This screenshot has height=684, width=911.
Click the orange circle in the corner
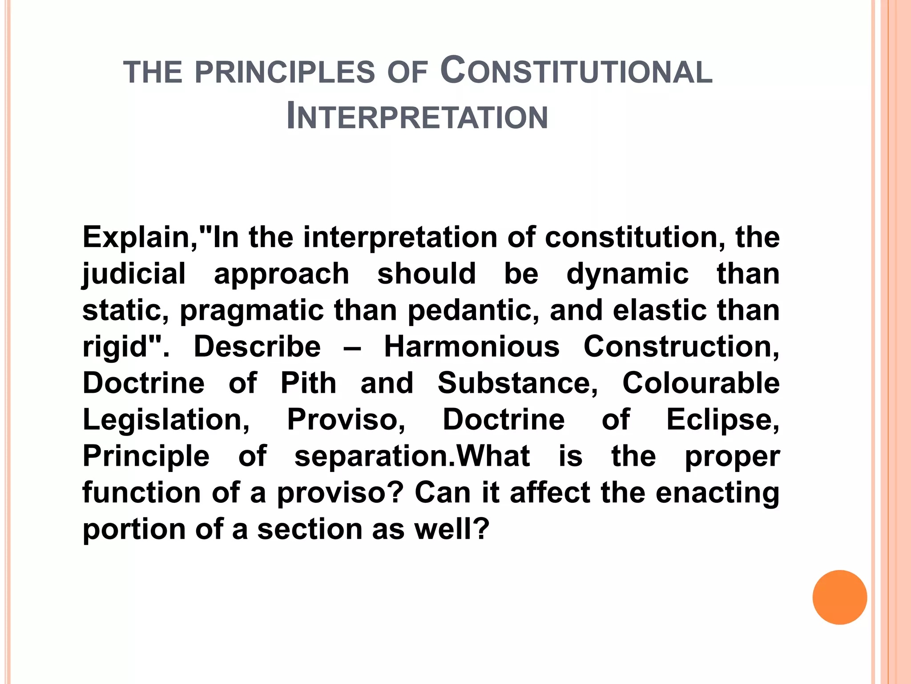(839, 597)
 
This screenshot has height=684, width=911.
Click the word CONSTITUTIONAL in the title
(576, 71)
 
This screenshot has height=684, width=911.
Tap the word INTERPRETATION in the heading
(417, 117)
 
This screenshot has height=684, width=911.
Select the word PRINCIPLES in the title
(285, 73)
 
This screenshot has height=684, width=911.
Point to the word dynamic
(627, 273)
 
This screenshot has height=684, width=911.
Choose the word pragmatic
(252, 310)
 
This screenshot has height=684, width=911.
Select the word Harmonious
(472, 346)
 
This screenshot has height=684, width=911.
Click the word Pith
(308, 383)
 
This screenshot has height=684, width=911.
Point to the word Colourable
(701, 383)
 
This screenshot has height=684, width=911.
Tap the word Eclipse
(722, 420)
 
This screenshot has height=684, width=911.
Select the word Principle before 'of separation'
(146, 456)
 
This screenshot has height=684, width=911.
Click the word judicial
(134, 274)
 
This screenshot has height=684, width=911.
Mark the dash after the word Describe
(352, 347)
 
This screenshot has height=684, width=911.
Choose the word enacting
(717, 493)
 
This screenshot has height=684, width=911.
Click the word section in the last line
(310, 529)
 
